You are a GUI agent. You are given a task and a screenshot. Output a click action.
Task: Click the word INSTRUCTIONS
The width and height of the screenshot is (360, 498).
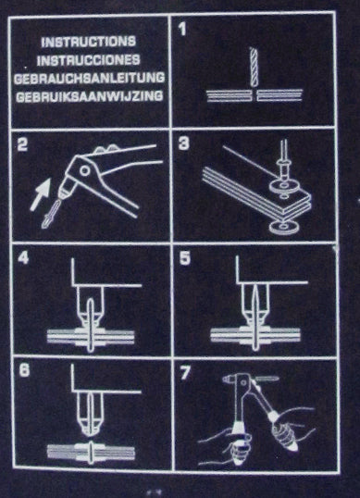[x=88, y=42]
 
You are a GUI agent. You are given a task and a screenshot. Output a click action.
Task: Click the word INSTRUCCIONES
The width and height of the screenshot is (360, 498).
[x=88, y=60]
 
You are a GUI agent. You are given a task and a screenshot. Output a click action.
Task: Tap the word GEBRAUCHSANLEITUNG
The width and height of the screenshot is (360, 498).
[x=89, y=78]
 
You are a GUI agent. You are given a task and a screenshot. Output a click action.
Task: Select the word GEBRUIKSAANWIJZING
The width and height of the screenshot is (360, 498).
[x=90, y=96]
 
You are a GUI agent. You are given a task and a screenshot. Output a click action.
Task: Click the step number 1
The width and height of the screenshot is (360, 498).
[x=182, y=30]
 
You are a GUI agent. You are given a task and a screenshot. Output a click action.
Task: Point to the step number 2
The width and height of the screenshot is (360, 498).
[x=22, y=144]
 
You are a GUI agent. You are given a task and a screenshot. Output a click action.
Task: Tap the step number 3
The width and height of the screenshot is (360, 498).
[x=184, y=143]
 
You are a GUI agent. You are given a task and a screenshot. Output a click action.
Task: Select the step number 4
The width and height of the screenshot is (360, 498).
[x=23, y=257]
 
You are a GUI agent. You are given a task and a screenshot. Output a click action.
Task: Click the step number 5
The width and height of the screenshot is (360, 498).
[x=185, y=258]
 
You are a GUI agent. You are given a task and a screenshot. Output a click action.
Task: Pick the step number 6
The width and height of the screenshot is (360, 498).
[x=24, y=370]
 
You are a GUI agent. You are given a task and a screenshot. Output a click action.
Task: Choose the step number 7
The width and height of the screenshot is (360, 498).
[x=185, y=372]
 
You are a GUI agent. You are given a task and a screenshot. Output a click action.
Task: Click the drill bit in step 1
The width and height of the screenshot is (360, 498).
[x=254, y=67]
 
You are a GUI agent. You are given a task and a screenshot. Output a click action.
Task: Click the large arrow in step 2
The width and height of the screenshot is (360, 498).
[x=41, y=194]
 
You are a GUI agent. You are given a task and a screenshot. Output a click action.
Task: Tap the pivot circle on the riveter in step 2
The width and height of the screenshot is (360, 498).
[x=85, y=170]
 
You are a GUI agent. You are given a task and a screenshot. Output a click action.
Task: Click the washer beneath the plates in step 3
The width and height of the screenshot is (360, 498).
[x=284, y=227]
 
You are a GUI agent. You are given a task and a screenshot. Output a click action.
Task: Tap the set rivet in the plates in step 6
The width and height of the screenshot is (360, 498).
[x=91, y=451]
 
